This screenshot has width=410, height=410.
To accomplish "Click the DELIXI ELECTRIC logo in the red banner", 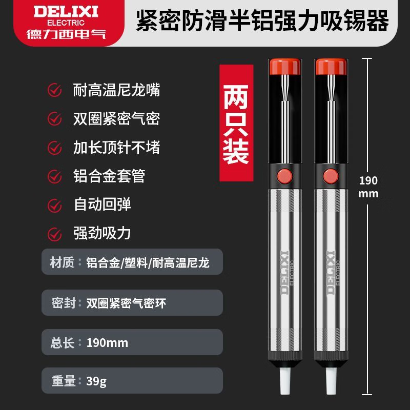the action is click(x=66, y=23).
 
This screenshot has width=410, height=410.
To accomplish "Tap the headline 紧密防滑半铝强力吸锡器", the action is click(x=262, y=21).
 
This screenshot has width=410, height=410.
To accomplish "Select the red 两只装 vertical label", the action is click(x=236, y=123).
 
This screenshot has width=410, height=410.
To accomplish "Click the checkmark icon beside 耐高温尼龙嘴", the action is click(x=55, y=90).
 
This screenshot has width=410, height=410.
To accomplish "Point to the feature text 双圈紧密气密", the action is click(x=116, y=119).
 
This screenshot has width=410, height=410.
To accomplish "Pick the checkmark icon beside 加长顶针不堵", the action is click(x=55, y=148).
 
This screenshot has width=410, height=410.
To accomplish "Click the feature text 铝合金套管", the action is click(x=109, y=176).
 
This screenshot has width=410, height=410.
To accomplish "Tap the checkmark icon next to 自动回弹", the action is click(x=55, y=206).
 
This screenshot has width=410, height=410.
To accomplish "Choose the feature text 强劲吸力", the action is click(x=102, y=233).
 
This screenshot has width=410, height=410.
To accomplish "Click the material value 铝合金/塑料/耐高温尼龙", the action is click(x=148, y=262).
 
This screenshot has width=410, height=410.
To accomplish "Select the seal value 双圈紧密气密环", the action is click(x=126, y=303).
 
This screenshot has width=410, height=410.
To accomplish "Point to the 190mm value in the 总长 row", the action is click(x=107, y=343).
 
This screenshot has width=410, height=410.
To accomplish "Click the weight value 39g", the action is click(x=96, y=381).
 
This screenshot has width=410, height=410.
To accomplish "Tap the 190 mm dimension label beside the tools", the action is click(x=368, y=187).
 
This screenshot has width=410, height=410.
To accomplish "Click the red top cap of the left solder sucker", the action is click(x=285, y=67).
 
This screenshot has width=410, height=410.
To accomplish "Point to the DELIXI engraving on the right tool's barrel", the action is click(x=331, y=273).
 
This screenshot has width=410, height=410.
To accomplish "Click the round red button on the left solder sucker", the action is click(x=285, y=176).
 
